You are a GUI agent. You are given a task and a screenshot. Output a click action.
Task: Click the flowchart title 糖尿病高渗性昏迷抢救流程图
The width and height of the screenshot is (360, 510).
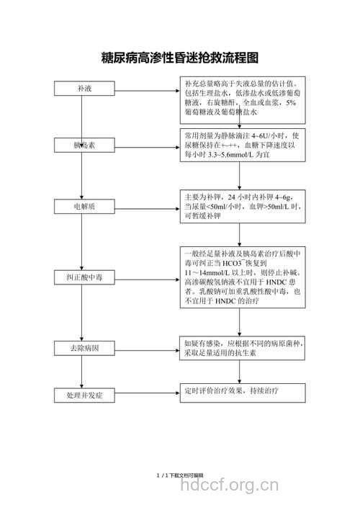[180, 57]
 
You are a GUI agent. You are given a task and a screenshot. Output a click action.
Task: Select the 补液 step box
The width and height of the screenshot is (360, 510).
[84, 89]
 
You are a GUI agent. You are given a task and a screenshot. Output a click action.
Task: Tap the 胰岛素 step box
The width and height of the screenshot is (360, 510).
[84, 146]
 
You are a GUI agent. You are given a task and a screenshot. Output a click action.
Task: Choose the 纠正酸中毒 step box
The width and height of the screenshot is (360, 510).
[84, 277]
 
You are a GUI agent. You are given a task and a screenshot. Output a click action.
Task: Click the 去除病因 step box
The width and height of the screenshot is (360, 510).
[84, 349]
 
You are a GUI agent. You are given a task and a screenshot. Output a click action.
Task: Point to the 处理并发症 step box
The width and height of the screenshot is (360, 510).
[84, 395]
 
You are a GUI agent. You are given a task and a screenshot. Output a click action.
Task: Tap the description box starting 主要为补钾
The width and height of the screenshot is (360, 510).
[243, 206]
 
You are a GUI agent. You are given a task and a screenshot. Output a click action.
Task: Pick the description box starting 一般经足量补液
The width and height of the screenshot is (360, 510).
[243, 277]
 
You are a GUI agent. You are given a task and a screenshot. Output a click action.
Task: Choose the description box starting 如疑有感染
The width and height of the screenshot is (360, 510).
[243, 349]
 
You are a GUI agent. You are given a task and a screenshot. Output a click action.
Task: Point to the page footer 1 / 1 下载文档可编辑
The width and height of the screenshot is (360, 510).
[180, 475]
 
